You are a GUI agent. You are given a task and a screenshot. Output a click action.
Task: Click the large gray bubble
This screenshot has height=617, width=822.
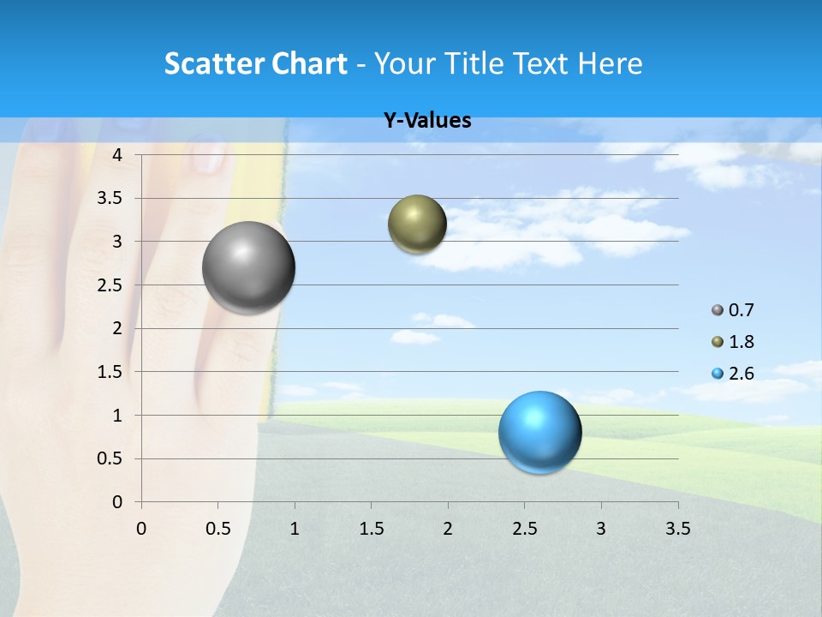[248, 267]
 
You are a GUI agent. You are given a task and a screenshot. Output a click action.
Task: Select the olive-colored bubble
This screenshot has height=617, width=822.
[417, 224]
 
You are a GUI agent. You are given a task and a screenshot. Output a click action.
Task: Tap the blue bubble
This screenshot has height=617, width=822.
[539, 432]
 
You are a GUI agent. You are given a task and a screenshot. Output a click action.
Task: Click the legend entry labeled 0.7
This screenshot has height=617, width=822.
[741, 310]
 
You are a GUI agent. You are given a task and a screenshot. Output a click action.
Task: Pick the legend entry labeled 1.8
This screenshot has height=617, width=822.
[741, 342]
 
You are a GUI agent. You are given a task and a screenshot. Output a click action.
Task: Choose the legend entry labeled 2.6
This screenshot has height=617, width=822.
[741, 373]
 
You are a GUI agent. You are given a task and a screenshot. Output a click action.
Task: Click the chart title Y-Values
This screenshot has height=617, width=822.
[426, 121]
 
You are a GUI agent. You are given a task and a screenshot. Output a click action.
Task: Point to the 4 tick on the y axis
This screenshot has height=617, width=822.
[117, 155]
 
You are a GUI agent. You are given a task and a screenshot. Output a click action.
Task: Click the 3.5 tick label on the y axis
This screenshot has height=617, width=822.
[110, 198]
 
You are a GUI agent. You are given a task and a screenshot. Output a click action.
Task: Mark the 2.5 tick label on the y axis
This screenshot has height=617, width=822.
[110, 285]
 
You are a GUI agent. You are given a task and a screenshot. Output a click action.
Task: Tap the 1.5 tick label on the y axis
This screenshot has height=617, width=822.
[110, 372]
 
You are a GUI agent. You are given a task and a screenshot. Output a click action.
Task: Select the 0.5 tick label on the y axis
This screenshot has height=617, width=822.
[110, 458]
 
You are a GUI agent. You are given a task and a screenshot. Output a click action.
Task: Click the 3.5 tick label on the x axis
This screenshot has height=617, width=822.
[677, 529]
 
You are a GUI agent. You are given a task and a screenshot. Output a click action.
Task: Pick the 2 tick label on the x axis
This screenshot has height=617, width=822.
[447, 529]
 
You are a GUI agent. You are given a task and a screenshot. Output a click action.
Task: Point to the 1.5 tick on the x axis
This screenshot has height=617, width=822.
[371, 529]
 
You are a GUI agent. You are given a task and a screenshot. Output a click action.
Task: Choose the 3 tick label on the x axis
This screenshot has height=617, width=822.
[600, 529]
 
